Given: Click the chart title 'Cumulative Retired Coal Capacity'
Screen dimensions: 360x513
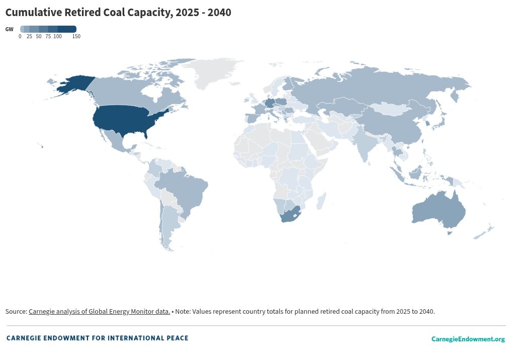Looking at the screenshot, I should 118,13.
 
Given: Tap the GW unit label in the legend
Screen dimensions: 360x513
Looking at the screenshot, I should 9,30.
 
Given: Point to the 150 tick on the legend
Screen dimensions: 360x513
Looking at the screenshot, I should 76,37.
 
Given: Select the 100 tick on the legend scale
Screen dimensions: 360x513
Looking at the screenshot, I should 57,37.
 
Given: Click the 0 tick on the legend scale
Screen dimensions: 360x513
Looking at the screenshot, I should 20,37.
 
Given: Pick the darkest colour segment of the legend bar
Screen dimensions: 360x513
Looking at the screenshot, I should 67,29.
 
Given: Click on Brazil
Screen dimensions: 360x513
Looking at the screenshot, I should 186,189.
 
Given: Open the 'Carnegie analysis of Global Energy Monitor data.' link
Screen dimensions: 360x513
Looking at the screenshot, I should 99,312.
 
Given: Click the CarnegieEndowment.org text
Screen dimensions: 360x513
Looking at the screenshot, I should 468,339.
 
